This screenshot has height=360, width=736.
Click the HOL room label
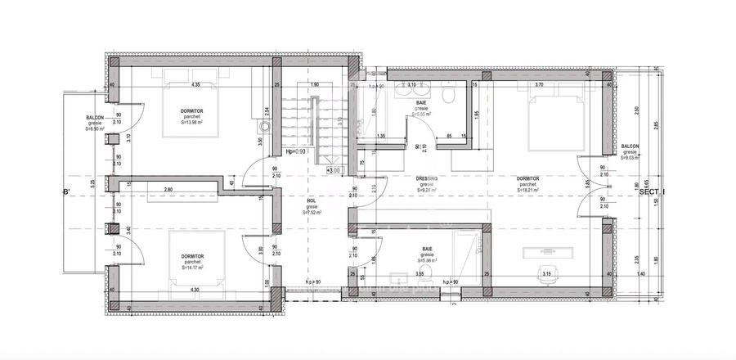coord(312,200)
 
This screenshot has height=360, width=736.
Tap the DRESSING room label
coord(427,178)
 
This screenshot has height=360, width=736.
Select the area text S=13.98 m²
coord(193,123)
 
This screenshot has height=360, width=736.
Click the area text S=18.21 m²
coord(527,191)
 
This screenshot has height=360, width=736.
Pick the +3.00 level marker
coord(333,170)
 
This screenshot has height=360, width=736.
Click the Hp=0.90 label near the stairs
coord(294,151)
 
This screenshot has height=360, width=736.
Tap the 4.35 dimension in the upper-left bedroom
coord(196,84)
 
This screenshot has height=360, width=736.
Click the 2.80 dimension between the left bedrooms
coord(168,190)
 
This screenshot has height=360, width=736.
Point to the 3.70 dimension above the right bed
coord(538,84)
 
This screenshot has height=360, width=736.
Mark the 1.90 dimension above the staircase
coord(314,84)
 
